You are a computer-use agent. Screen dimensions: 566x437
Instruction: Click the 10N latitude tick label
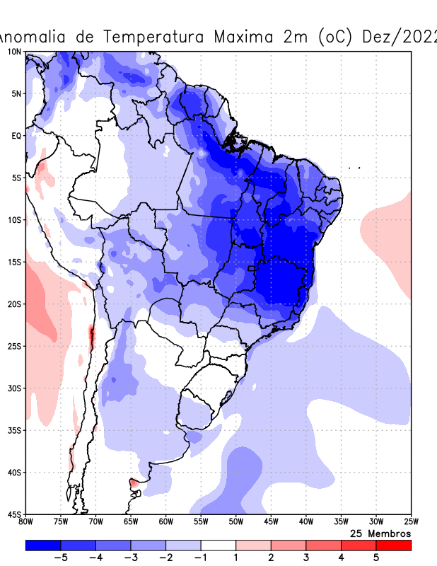coord(13,52)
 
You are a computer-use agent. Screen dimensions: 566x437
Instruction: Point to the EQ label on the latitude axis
coord(16,136)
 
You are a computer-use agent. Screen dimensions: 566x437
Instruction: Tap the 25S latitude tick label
coord(13,346)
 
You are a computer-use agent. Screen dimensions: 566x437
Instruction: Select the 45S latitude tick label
coord(13,514)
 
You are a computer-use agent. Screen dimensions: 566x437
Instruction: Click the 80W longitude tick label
coord(26,522)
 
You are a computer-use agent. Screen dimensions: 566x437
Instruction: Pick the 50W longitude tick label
coord(236,522)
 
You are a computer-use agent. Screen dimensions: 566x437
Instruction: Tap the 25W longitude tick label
coord(410,522)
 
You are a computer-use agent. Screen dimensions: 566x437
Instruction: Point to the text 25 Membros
coord(380,533)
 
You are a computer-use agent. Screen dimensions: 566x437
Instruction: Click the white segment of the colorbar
coord(218,545)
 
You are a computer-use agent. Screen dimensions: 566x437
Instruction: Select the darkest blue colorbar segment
coord(43,545)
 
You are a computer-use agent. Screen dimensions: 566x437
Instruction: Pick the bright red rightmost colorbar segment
coord(394,545)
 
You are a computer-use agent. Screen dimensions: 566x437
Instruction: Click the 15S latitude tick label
coord(13,262)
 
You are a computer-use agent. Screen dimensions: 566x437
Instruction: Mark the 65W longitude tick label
coord(131,522)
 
